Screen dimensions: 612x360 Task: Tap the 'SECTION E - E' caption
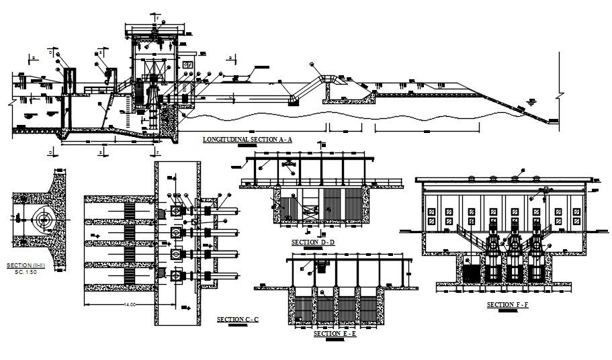(x=335, y=333)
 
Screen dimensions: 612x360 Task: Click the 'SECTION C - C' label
(x=237, y=318)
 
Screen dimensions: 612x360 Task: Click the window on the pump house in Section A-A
(x=189, y=64)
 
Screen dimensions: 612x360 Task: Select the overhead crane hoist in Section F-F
(x=536, y=196)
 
